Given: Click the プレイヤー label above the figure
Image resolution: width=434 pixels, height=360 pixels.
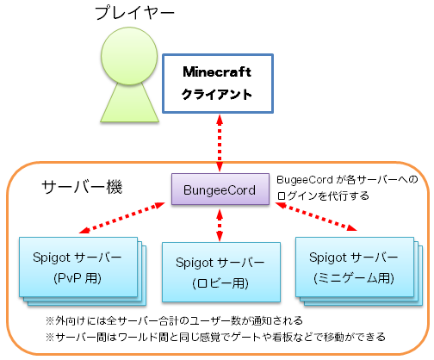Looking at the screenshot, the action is pos(135,13).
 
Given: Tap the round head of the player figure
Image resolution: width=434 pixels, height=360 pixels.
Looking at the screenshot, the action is pos(129,56).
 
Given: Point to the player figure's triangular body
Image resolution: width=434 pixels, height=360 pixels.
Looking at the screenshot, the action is pos(129,103).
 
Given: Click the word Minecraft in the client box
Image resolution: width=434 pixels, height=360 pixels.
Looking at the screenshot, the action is pos(217,71).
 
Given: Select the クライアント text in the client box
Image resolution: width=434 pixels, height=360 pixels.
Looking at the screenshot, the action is pos(217,94).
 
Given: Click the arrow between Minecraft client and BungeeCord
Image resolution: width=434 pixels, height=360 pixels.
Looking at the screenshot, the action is pos(220,143).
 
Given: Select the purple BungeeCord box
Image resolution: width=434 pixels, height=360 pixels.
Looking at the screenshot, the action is pos(220,189).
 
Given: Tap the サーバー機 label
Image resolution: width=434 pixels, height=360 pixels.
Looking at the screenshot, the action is pos(83,187).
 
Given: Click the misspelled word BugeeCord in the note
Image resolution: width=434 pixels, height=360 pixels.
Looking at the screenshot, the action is pos(305,180).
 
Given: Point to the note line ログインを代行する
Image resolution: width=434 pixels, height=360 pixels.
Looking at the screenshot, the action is pos(323,196).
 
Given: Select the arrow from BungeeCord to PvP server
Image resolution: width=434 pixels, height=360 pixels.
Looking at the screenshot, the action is pos(122,218).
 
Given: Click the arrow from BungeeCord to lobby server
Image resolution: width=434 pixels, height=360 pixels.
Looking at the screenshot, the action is pos(220,226).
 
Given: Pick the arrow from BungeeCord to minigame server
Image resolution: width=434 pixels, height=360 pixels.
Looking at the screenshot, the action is pos(316,217).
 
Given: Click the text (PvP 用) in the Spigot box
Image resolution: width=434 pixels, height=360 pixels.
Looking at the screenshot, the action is pos(77,278).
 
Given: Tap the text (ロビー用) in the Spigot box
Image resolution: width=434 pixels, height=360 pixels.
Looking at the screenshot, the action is pos(220,283).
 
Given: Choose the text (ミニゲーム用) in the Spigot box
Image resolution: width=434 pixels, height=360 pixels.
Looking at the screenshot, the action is pos(354,278).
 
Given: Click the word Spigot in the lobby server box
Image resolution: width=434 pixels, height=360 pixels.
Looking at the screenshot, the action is pos(195,263).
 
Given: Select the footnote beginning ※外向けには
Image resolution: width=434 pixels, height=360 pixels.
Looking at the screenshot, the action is pos(174,320).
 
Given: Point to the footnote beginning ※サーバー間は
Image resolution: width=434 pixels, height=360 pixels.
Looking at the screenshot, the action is pos(215,337).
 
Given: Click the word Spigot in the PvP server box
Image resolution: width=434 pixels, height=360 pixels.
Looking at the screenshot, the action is pos(52,258).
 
